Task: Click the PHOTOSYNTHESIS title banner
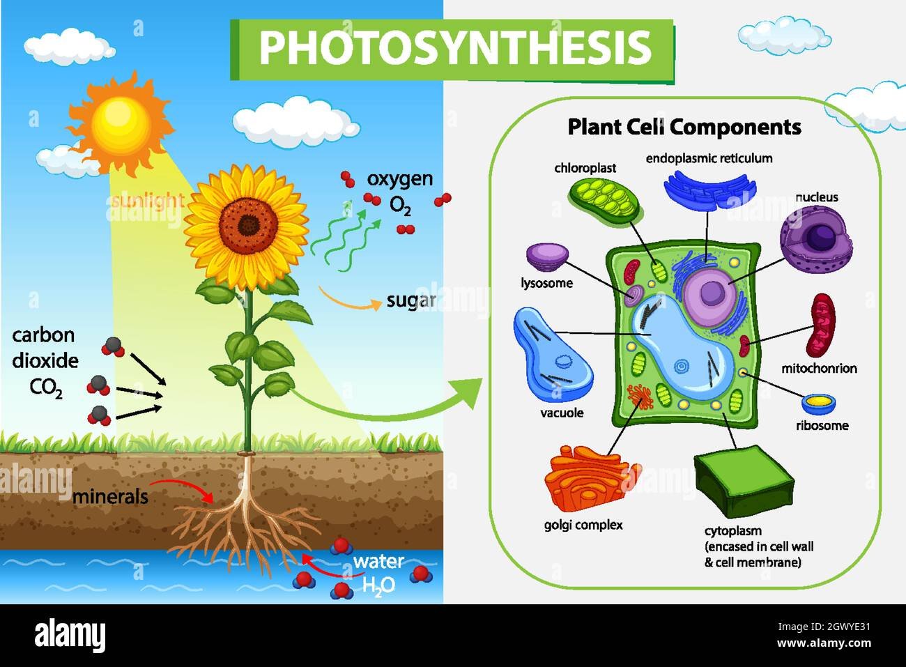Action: click(452, 50)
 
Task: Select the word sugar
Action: click(411, 301)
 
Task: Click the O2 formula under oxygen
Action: click(400, 206)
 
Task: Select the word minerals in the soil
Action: click(110, 497)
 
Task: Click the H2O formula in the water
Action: click(378, 585)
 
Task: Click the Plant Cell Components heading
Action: click(684, 127)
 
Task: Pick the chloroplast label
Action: click(585, 168)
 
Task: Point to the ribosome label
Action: click(822, 426)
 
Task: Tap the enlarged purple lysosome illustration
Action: click(547, 257)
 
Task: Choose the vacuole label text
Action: click(562, 413)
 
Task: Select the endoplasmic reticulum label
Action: click(709, 158)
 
